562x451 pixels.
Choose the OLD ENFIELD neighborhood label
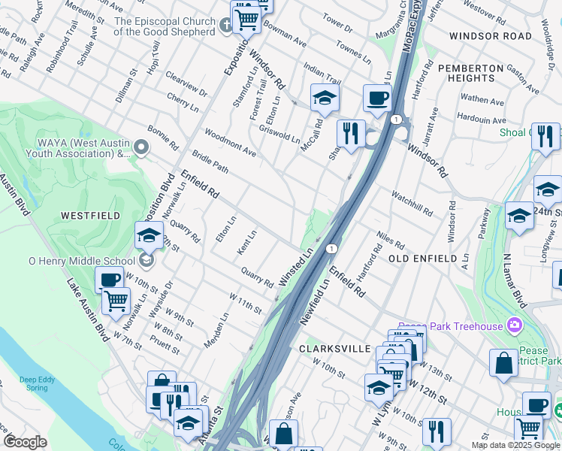[x=422, y=259]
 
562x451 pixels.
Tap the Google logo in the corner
[x=26, y=442]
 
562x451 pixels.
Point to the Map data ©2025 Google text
[x=516, y=445]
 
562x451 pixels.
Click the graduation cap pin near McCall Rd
[x=325, y=97]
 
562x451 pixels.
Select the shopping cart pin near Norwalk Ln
[x=115, y=301]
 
